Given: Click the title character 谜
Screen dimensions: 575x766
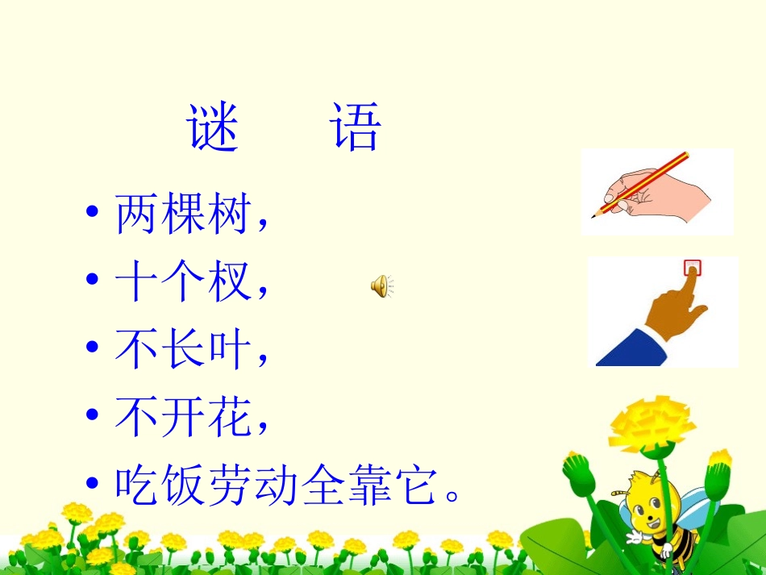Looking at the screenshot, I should coord(214,129).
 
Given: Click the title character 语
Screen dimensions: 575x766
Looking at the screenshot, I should coord(356,129).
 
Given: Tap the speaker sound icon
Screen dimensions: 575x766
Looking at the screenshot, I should coord(381,285).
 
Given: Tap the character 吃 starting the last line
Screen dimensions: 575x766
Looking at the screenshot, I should coord(137,485).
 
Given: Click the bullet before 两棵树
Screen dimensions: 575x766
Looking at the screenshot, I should coord(94,215).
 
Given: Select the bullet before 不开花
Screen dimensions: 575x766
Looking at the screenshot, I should coord(94,419).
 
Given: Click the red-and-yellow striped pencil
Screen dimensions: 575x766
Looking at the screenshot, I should coord(645,183).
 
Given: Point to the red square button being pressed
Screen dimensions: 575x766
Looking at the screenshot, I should coord(692,267).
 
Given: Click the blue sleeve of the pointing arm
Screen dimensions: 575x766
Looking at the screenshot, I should coord(629,347).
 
